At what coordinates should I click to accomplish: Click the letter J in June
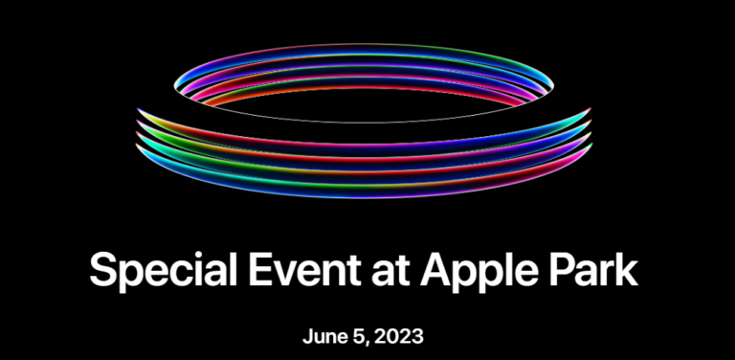[x=306, y=337]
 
